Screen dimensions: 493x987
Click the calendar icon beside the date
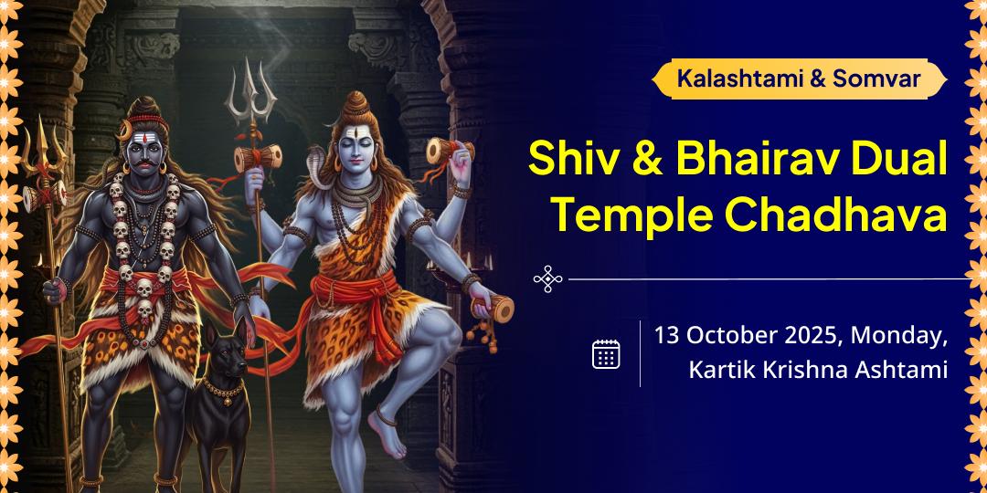pos(606,353)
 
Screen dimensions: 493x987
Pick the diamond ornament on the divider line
pos(547,278)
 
